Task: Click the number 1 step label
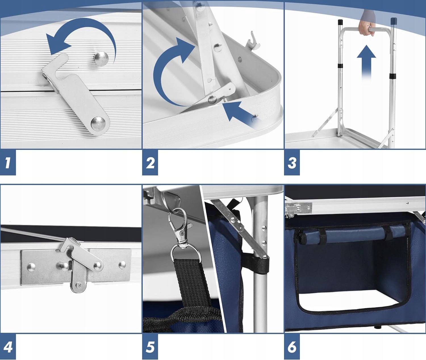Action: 8,163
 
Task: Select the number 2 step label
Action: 150,163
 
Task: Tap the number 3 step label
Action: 292,163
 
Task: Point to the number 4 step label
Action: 8,347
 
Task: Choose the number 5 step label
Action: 150,347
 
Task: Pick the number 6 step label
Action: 292,347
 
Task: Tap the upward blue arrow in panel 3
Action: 366,62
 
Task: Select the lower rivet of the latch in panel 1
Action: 98,124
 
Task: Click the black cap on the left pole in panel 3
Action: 340,22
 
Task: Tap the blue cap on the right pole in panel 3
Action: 394,21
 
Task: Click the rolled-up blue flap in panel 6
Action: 350,235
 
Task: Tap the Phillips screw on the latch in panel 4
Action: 79,284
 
